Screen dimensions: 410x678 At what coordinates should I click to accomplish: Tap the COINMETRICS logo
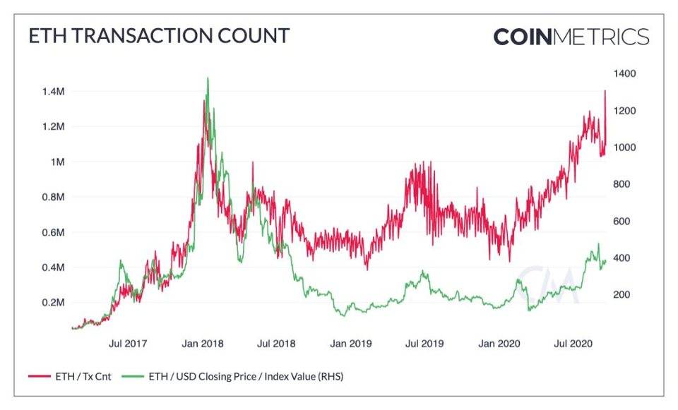571,36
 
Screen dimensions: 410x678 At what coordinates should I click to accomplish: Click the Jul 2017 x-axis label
129,344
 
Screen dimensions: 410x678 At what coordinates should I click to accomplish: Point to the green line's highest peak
207,78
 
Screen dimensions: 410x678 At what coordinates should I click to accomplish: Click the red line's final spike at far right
605,91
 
